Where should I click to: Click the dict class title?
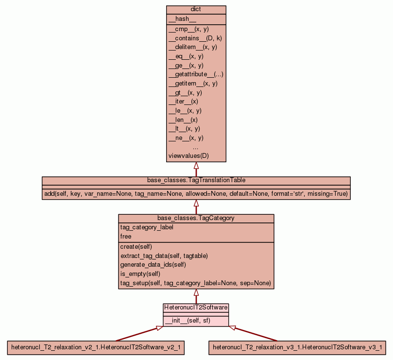click(196, 9)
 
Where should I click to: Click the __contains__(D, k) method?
click(195, 38)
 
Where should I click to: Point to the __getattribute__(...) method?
click(196, 74)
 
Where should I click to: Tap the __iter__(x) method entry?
click(183, 102)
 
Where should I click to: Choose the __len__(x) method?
click(183, 120)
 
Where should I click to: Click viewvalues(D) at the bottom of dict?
click(188, 156)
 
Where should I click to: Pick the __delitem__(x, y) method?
click(192, 47)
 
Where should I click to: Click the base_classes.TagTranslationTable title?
click(196, 180)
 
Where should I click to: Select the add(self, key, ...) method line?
click(196, 194)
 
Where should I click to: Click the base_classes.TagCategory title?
click(196, 218)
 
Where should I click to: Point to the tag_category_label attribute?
click(146, 227)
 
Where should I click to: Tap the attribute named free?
click(126, 237)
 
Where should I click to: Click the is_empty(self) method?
click(140, 274)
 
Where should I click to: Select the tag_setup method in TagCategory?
click(195, 283)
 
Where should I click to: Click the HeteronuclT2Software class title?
click(196, 308)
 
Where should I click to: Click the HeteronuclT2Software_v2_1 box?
click(96, 347)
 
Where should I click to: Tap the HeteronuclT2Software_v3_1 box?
click(297, 347)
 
